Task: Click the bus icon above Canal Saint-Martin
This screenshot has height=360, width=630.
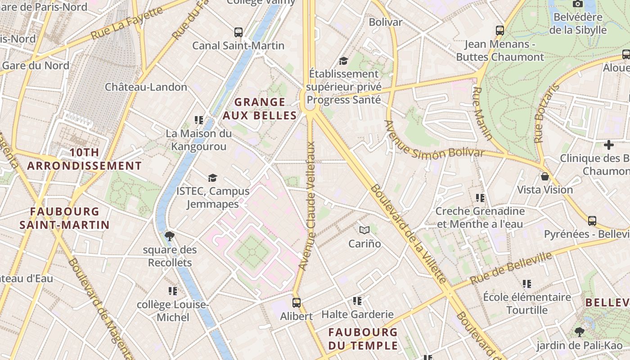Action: (238, 32)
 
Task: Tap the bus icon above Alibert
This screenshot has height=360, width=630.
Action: (296, 302)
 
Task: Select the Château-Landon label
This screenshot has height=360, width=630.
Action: (146, 87)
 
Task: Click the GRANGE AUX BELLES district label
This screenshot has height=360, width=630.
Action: (260, 109)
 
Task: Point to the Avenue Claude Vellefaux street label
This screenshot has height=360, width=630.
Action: (310, 206)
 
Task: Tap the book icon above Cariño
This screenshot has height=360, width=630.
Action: (364, 230)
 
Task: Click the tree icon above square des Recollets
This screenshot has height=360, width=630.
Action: (170, 236)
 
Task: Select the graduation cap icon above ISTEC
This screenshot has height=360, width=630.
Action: (212, 178)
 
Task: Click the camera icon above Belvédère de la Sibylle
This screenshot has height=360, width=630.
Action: (577, 4)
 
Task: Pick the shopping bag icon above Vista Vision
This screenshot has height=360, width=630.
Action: (545, 176)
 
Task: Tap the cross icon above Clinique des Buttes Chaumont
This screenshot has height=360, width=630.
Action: (609, 145)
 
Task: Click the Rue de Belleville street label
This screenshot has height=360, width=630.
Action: (511, 268)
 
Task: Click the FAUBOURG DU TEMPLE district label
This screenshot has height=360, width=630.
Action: (363, 339)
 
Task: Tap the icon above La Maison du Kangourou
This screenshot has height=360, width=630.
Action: (198, 120)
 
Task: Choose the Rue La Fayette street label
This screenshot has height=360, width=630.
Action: (126, 23)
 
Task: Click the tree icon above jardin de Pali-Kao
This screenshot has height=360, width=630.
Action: (580, 332)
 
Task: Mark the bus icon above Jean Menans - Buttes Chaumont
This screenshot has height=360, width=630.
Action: (500, 31)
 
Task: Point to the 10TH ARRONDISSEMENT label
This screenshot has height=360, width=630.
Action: (85, 159)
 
